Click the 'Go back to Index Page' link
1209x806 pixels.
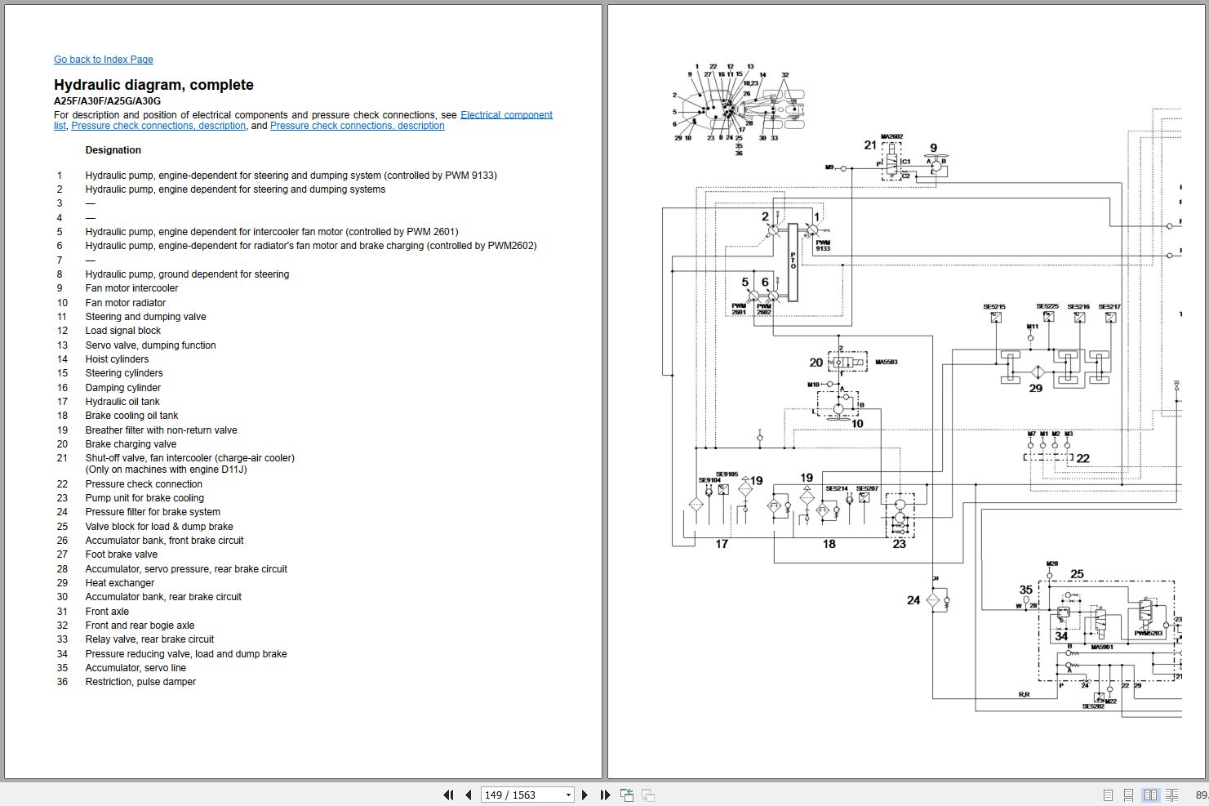[x=103, y=60]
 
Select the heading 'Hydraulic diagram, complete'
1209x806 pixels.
[x=153, y=85]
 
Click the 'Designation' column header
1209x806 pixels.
[x=113, y=150]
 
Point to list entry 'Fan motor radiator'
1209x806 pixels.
[x=125, y=303]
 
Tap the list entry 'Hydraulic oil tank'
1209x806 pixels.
[x=122, y=402]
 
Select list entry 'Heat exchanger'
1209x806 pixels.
[x=119, y=583]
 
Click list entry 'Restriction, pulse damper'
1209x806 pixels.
[x=140, y=682]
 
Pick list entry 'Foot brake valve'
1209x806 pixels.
[x=121, y=554]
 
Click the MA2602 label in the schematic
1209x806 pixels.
[x=891, y=137]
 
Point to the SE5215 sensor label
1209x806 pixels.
[x=994, y=307]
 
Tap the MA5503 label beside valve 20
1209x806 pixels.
[x=886, y=362]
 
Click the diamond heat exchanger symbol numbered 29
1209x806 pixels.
[x=1036, y=373]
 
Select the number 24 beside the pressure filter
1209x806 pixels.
[x=913, y=600]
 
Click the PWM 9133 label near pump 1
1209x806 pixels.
[x=823, y=245]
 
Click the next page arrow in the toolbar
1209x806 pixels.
[x=584, y=795]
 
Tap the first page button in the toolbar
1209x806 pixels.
[x=448, y=795]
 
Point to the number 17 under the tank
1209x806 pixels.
[x=722, y=544]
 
